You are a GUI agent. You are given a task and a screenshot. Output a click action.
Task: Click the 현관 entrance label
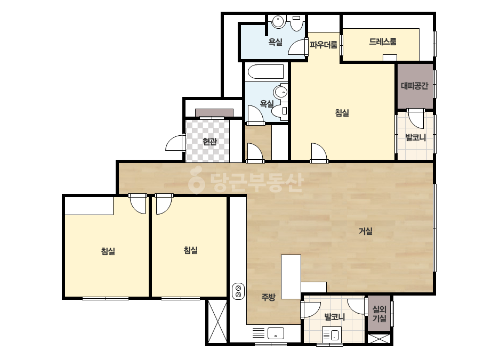click(x=209, y=142)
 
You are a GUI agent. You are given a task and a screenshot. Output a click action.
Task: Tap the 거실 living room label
click(x=365, y=231)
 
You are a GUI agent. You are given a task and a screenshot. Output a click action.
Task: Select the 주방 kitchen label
click(x=268, y=297)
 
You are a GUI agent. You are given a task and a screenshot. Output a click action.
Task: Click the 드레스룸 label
click(x=383, y=42)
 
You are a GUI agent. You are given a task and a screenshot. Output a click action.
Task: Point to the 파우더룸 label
click(x=324, y=45)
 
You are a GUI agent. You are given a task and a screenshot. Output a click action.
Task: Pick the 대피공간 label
click(x=415, y=86)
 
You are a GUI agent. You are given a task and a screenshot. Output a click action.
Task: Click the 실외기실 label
click(x=379, y=314)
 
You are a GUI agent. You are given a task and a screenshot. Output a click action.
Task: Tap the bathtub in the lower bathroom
click(x=266, y=71)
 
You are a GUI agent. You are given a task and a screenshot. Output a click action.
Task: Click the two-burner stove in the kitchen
click(x=238, y=291)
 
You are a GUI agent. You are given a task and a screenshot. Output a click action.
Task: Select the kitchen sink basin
click(x=276, y=333)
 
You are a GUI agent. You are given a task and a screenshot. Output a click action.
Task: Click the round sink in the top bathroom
click(x=278, y=22)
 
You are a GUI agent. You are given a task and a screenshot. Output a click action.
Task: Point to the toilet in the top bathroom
click(x=296, y=23)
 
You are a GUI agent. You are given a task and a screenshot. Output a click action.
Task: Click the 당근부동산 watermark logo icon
click(x=196, y=181)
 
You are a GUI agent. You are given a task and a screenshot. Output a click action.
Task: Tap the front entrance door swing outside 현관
click(x=174, y=143)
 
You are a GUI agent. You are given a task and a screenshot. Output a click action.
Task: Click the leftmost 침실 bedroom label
click(x=108, y=251)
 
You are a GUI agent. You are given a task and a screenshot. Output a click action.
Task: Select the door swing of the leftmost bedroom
click(x=138, y=204)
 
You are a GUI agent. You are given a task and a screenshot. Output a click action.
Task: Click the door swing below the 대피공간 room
click(x=416, y=118)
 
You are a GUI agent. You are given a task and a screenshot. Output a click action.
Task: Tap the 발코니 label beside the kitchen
click(x=334, y=317)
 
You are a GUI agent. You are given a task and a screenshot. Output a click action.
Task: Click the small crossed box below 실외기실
click(x=379, y=339)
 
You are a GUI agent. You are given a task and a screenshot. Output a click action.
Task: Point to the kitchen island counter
click(x=291, y=276)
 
